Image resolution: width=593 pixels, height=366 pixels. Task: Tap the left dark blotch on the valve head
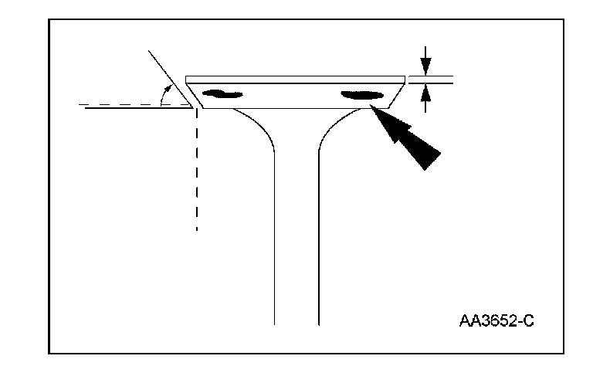222,95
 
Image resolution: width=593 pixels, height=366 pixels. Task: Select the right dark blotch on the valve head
362,96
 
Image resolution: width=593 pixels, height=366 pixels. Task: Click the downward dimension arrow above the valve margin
423,61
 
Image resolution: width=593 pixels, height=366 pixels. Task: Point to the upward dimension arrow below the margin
423,97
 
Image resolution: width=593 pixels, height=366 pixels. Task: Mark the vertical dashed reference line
198,170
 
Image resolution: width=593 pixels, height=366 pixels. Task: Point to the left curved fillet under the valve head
259,127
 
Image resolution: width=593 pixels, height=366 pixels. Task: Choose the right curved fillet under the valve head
336,127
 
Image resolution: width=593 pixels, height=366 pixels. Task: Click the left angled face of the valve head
194,95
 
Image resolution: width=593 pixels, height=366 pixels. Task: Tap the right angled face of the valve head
395,95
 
